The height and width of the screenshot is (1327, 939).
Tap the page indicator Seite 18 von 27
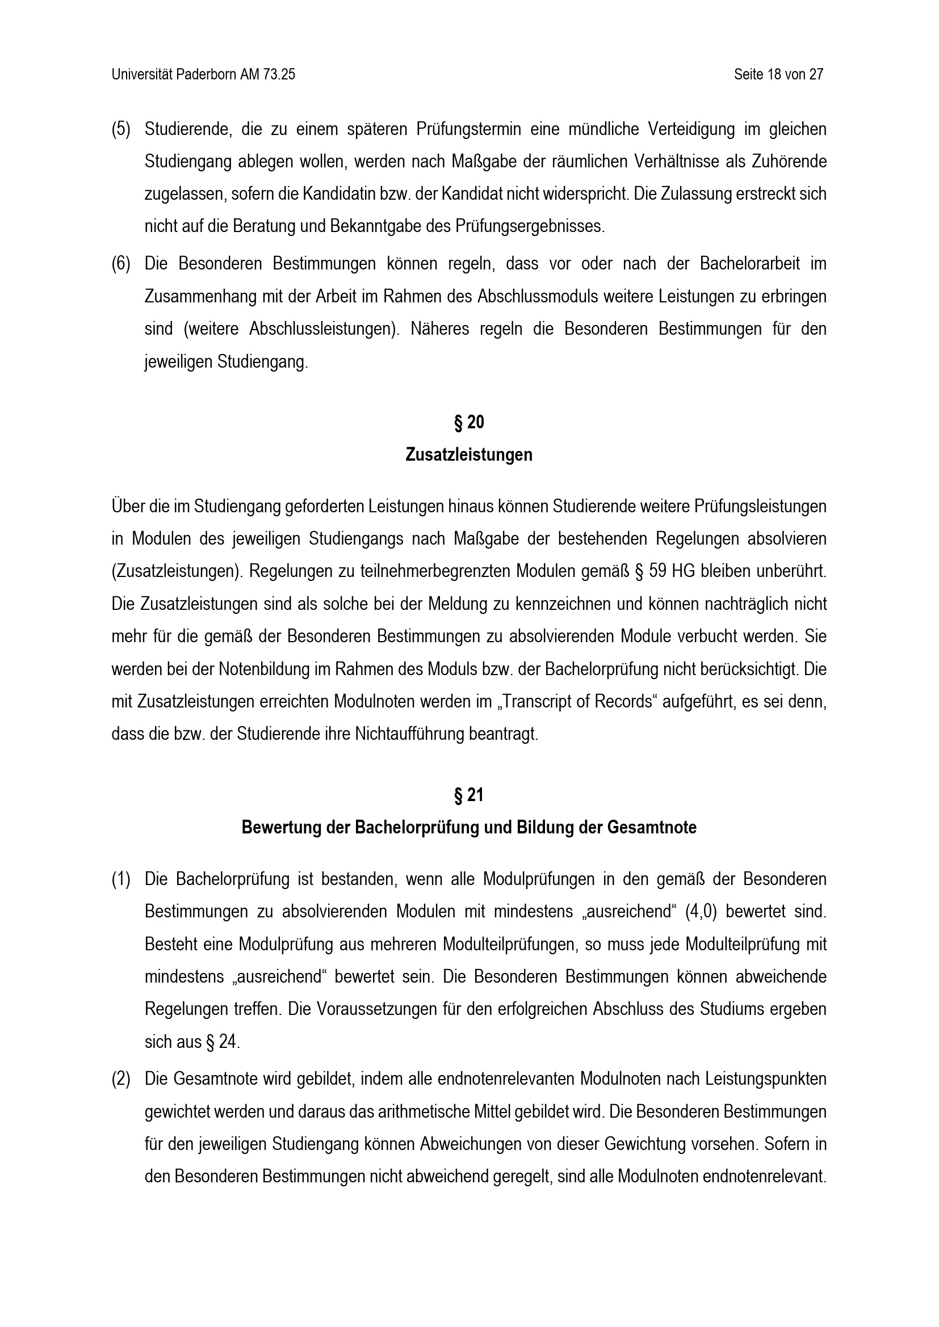pyautogui.click(x=778, y=74)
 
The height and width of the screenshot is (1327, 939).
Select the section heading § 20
pyautogui.click(x=469, y=423)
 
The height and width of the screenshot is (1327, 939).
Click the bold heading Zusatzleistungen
pyautogui.click(x=469, y=455)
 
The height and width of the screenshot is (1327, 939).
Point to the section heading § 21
pyautogui.click(x=469, y=795)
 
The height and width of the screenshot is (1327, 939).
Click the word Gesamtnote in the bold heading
pyautogui.click(x=652, y=828)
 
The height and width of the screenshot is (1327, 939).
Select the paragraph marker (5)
pyautogui.click(x=121, y=129)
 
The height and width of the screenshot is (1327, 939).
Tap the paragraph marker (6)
pyautogui.click(x=121, y=264)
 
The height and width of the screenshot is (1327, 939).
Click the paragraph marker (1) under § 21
pyautogui.click(x=121, y=879)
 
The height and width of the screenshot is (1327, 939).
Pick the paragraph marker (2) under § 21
pyautogui.click(x=121, y=1079)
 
